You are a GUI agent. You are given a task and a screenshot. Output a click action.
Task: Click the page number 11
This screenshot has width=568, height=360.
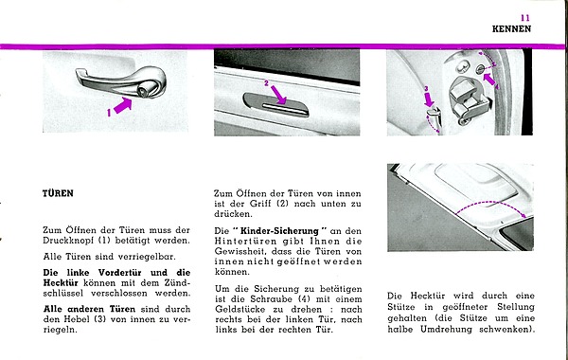pos(525,18)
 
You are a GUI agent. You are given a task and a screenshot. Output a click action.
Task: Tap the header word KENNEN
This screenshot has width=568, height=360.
pos(511,29)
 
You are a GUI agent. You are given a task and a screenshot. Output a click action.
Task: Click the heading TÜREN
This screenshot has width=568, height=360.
pos(58,193)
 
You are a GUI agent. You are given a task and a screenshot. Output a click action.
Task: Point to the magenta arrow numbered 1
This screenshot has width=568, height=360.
pos(122,106)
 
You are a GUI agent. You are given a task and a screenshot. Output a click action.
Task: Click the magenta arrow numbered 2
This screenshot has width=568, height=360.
pos(278,95)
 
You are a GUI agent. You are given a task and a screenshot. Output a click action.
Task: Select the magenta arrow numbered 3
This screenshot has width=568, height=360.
pos(429,99)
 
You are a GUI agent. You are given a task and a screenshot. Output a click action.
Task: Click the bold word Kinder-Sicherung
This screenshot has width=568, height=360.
pos(279,231)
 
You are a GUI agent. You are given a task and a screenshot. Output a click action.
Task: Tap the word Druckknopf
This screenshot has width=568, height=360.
pos(69,241)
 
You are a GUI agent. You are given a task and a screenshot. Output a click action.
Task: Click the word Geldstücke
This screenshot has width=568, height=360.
pos(240,310)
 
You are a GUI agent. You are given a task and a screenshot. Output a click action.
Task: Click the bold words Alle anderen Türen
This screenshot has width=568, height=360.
pos(89,309)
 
